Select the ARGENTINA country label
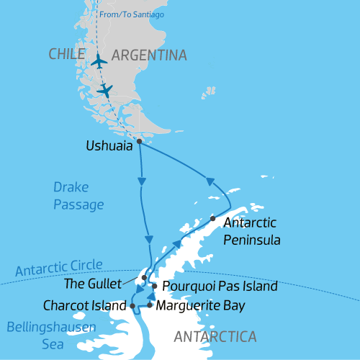[149, 55]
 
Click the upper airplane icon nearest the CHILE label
[99, 60]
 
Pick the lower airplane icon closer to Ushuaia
[106, 90]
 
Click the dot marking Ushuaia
[139, 141]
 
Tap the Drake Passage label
[78, 196]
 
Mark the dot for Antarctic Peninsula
[212, 218]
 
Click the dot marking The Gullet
[145, 277]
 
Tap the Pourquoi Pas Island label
[220, 287]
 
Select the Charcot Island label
[84, 306]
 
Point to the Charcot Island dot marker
[132, 306]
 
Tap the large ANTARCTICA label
[215, 336]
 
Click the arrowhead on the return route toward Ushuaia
[211, 182]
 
